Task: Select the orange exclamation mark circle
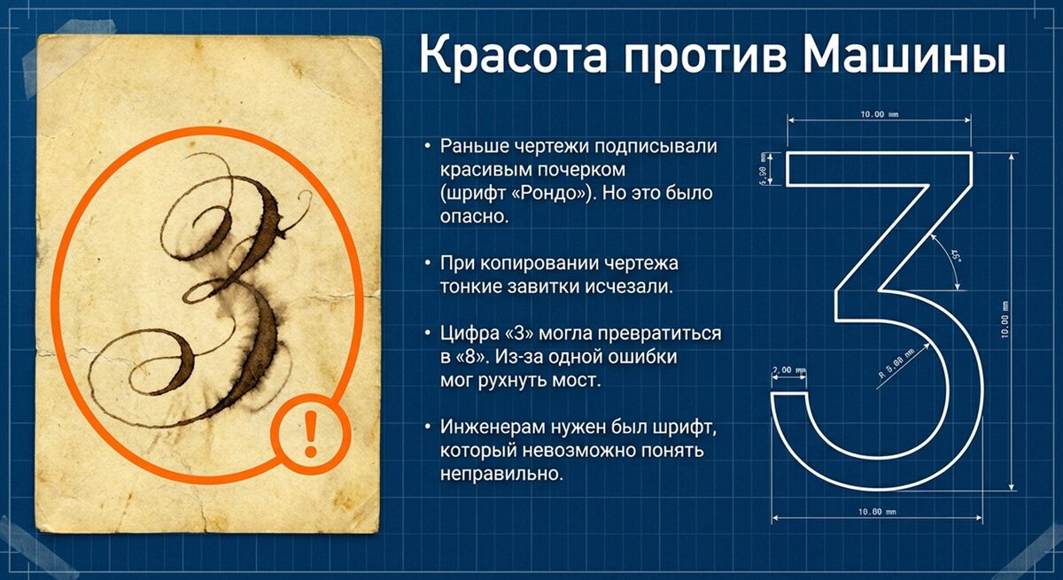(x=309, y=434)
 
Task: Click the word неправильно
(x=501, y=476)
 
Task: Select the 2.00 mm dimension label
(x=788, y=369)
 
